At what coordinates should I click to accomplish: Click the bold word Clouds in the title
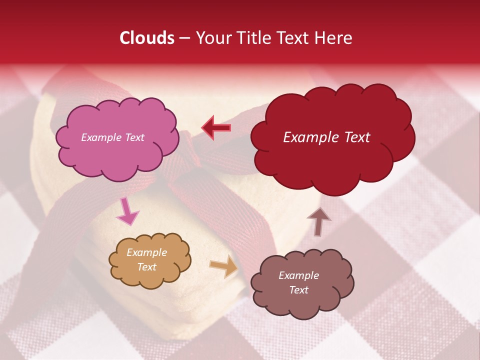(147, 38)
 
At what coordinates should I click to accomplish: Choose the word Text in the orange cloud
(147, 267)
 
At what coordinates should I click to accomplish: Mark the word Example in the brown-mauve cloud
(298, 275)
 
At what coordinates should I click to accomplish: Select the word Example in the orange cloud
(147, 253)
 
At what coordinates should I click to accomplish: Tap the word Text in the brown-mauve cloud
(298, 290)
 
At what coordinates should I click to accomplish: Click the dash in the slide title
(184, 38)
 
